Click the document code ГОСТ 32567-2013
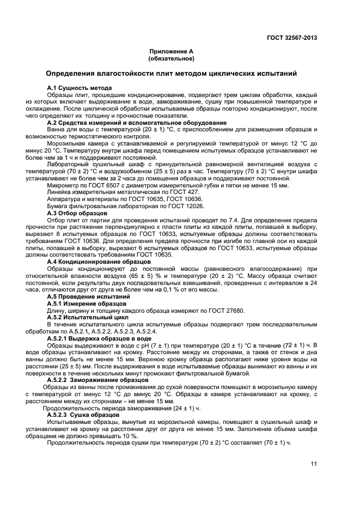coord(291,38)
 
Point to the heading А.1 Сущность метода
coord(80,88)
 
